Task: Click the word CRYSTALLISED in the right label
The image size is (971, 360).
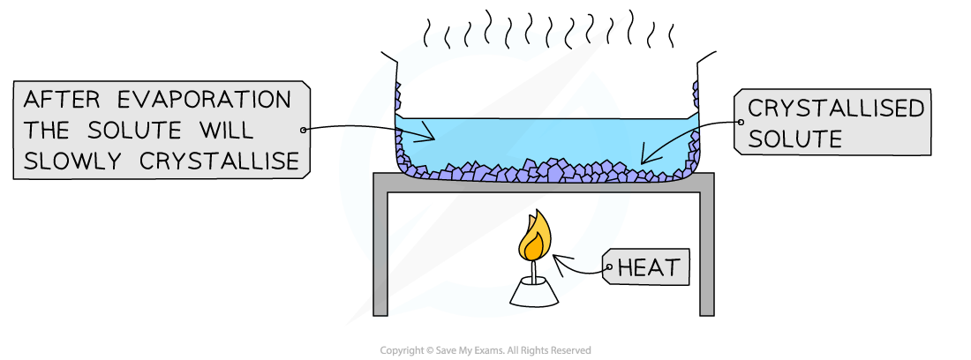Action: point(835,109)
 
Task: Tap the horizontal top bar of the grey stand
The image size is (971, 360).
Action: point(543,183)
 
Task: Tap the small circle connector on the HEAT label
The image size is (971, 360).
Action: point(608,267)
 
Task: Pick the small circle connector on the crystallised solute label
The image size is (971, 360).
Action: point(741,124)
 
